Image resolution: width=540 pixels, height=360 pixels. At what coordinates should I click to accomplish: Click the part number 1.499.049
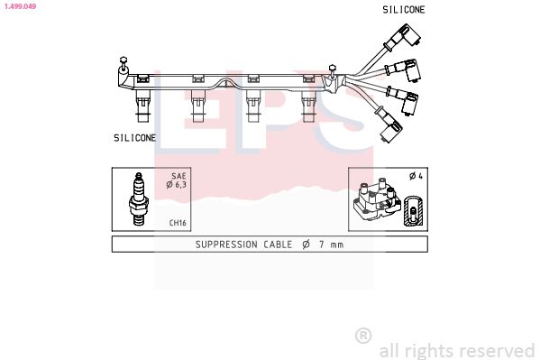tap(21, 6)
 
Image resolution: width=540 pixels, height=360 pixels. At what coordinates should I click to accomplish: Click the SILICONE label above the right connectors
tap(404, 10)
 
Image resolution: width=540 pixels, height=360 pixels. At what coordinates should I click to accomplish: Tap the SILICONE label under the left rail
tap(134, 138)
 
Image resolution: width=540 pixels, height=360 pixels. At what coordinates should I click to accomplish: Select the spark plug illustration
tap(139, 199)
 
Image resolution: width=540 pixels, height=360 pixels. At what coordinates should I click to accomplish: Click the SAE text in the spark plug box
tap(178, 176)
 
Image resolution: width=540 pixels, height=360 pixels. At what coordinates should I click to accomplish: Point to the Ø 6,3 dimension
tap(177, 185)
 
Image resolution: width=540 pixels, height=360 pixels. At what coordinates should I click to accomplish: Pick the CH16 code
tap(178, 223)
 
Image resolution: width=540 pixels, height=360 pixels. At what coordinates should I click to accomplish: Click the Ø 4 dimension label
tap(416, 176)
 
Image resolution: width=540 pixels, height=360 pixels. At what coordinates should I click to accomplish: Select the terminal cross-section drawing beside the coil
tap(413, 211)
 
